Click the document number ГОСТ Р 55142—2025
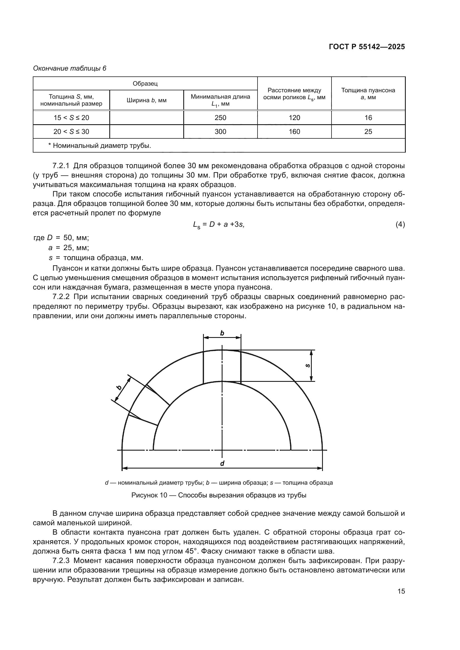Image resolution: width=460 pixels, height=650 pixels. (x=367, y=47)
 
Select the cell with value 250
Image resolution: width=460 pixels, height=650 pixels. (x=220, y=118)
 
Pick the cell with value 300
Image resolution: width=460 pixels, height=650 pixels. (x=220, y=132)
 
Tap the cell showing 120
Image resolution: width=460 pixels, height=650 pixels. (x=294, y=118)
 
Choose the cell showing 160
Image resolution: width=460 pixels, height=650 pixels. (x=294, y=132)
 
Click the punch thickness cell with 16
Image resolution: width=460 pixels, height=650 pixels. (x=368, y=118)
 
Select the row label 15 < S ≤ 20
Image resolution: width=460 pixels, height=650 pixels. (x=71, y=118)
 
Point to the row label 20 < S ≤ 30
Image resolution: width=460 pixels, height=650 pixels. (x=71, y=132)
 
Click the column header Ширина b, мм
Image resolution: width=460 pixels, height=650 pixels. (x=147, y=100)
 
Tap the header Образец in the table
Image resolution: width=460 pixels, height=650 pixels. (x=145, y=84)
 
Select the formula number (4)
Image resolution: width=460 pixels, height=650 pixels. (x=400, y=225)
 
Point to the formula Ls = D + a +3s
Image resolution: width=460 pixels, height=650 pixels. (x=218, y=225)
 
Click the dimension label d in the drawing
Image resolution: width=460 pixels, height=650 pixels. (x=222, y=463)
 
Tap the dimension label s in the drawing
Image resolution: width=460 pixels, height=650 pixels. (x=308, y=365)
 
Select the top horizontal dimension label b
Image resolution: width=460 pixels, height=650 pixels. (x=222, y=333)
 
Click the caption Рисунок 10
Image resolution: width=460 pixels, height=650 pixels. (x=219, y=495)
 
